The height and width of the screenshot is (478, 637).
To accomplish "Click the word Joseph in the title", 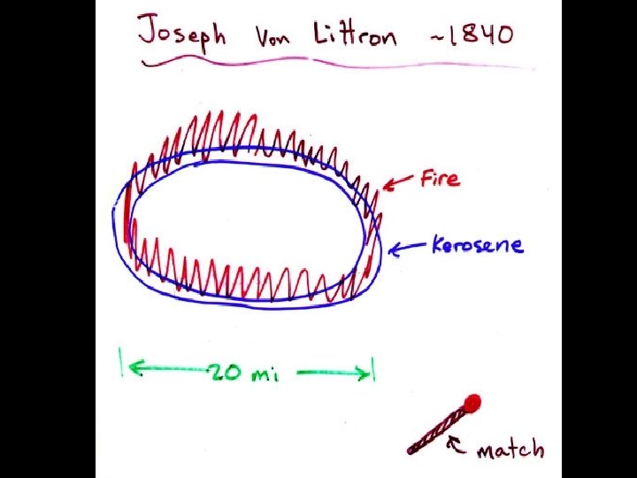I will tap(181, 35).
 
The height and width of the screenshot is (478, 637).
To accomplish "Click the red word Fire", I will tap(440, 179).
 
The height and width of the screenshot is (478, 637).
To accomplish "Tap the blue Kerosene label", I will tap(478, 244).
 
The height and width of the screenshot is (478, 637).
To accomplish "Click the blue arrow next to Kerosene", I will tap(407, 249).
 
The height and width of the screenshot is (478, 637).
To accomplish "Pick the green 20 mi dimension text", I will tap(244, 374).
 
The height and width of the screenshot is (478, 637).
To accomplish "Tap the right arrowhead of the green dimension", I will tap(365, 374).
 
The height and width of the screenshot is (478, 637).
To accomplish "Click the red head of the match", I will tap(473, 404).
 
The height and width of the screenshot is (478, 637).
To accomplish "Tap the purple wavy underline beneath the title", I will tap(336, 62).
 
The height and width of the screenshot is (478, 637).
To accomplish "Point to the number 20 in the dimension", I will tap(225, 373).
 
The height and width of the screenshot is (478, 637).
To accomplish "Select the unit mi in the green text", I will tap(264, 374).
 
